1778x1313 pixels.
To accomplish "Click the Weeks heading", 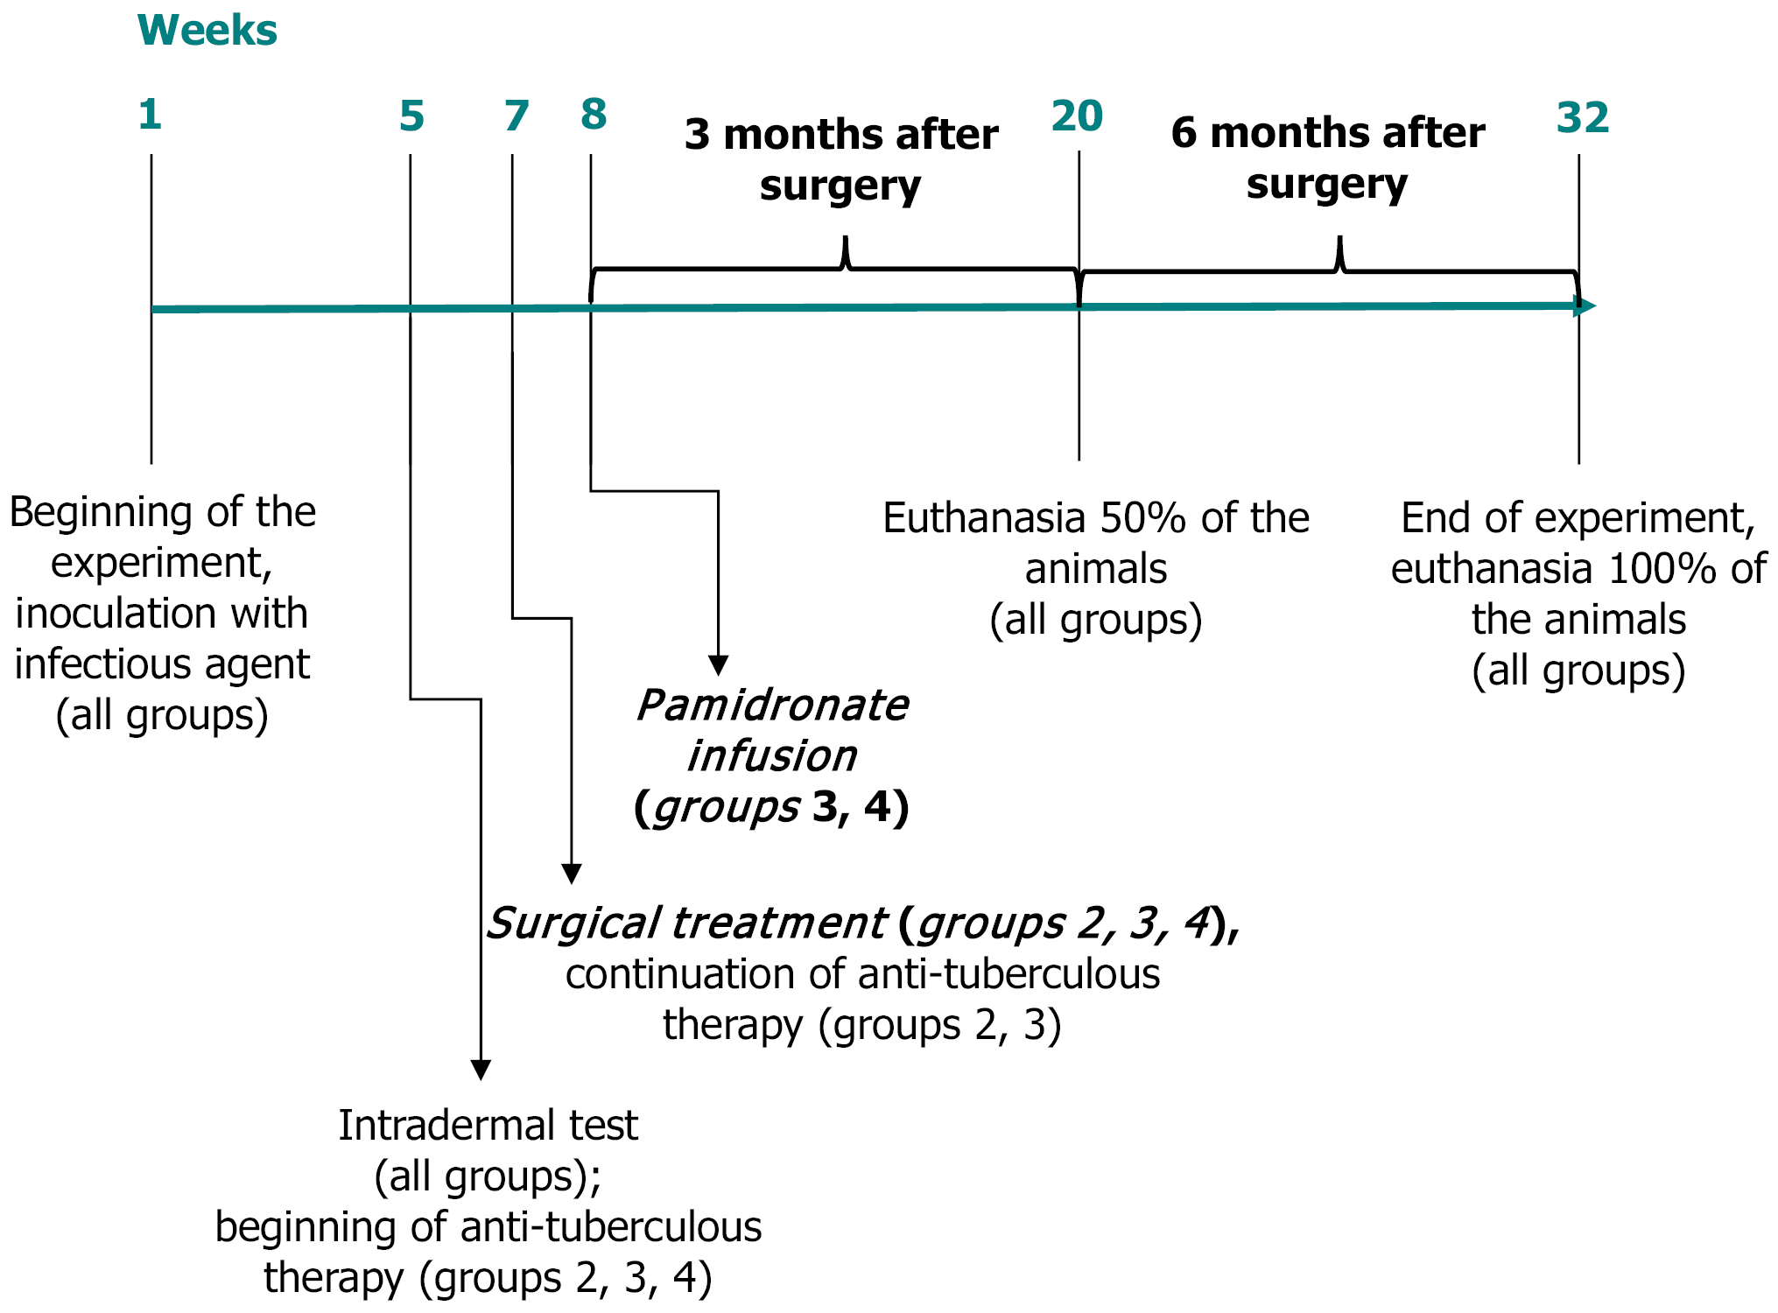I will [207, 31].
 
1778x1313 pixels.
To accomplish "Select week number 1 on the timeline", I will [150, 115].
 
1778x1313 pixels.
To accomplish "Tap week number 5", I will [411, 116].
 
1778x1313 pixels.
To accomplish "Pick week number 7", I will [517, 116].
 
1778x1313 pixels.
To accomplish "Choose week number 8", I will [594, 115].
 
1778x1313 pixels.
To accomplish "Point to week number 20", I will [1077, 116].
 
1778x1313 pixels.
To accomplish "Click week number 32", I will [1583, 118].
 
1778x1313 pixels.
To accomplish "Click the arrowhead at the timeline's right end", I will [1585, 306].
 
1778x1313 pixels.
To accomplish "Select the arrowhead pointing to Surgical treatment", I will [572, 874].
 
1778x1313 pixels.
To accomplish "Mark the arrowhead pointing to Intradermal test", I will [481, 1070].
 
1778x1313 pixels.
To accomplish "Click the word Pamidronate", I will [772, 706].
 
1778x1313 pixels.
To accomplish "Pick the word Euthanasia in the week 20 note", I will [984, 518].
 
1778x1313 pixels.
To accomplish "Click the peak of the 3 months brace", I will [845, 240].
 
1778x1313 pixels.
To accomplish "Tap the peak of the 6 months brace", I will [1339, 240].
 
